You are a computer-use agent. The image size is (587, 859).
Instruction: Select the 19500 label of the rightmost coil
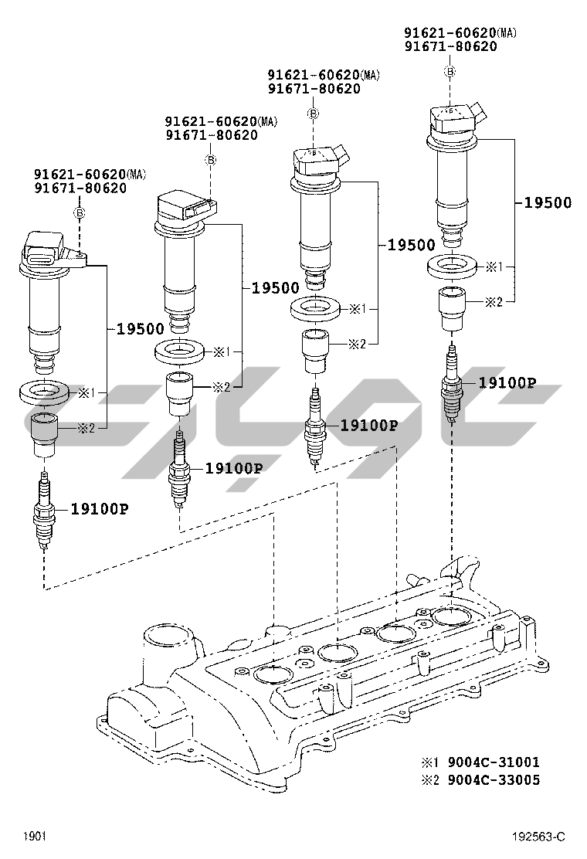(548, 203)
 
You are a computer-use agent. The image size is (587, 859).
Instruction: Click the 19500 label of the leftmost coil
(141, 328)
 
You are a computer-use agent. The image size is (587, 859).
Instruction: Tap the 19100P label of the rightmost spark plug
(507, 382)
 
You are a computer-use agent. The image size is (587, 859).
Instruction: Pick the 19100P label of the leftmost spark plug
(100, 508)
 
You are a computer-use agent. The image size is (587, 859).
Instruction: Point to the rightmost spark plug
(452, 384)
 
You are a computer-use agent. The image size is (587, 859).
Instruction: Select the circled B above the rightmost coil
(450, 72)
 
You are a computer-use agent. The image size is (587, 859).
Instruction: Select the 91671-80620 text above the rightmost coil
(450, 46)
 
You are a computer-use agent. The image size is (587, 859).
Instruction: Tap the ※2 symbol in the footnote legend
(429, 779)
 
